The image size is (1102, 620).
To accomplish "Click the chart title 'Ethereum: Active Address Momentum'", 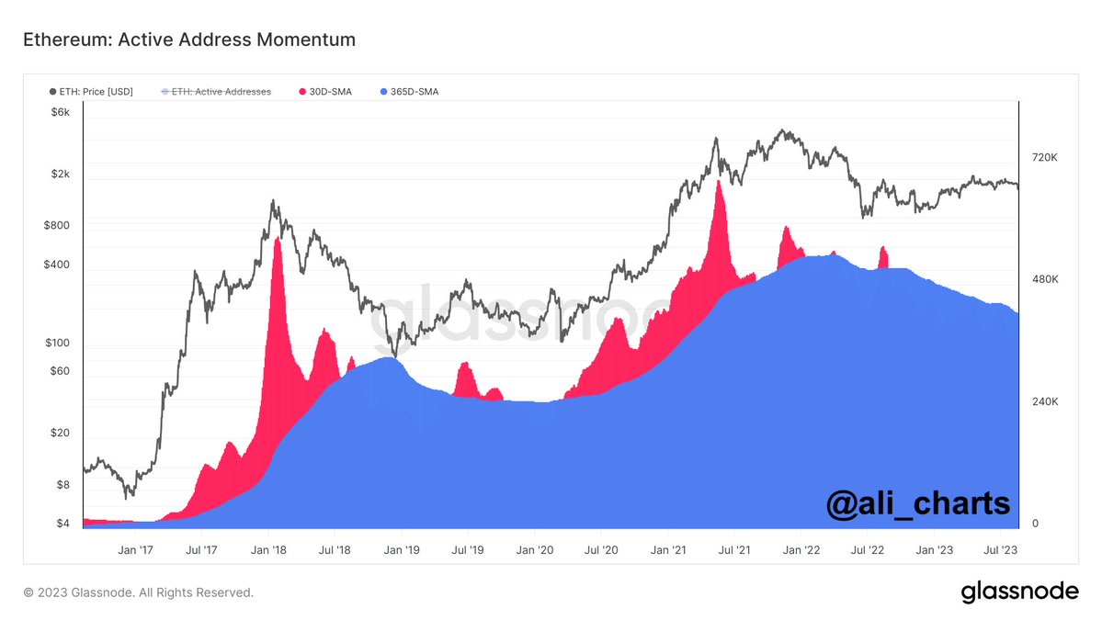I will tap(188, 39).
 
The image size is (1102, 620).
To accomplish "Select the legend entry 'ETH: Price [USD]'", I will tap(91, 92).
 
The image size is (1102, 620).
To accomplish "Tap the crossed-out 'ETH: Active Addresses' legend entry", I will tap(216, 92).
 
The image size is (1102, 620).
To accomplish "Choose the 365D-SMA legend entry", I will tap(409, 92).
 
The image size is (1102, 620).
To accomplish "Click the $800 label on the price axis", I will tap(56, 225).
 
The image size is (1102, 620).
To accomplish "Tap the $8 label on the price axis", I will tap(62, 485).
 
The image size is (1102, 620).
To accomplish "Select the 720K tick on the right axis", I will tap(1045, 158).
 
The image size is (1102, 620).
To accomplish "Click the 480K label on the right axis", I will tap(1045, 279).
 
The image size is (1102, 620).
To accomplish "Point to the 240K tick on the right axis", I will tap(1045, 402).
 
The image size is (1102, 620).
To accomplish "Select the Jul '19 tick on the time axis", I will tap(467, 550).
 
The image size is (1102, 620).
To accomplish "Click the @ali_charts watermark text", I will tap(917, 503).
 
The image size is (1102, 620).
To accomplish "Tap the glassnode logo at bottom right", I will tap(1019, 592).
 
